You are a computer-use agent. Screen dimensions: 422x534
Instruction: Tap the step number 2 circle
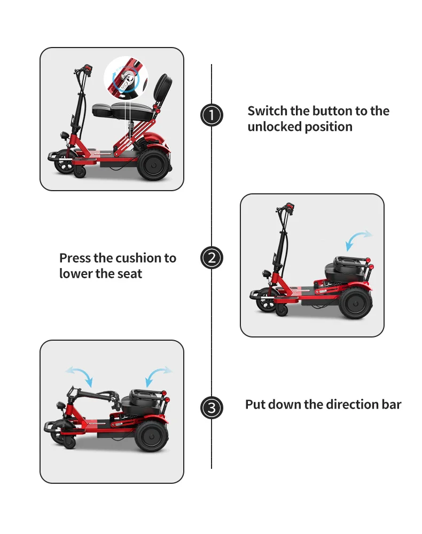tap(212, 258)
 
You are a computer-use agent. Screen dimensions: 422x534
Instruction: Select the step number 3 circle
tap(212, 409)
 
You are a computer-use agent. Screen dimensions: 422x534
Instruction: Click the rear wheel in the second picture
tap(355, 303)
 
